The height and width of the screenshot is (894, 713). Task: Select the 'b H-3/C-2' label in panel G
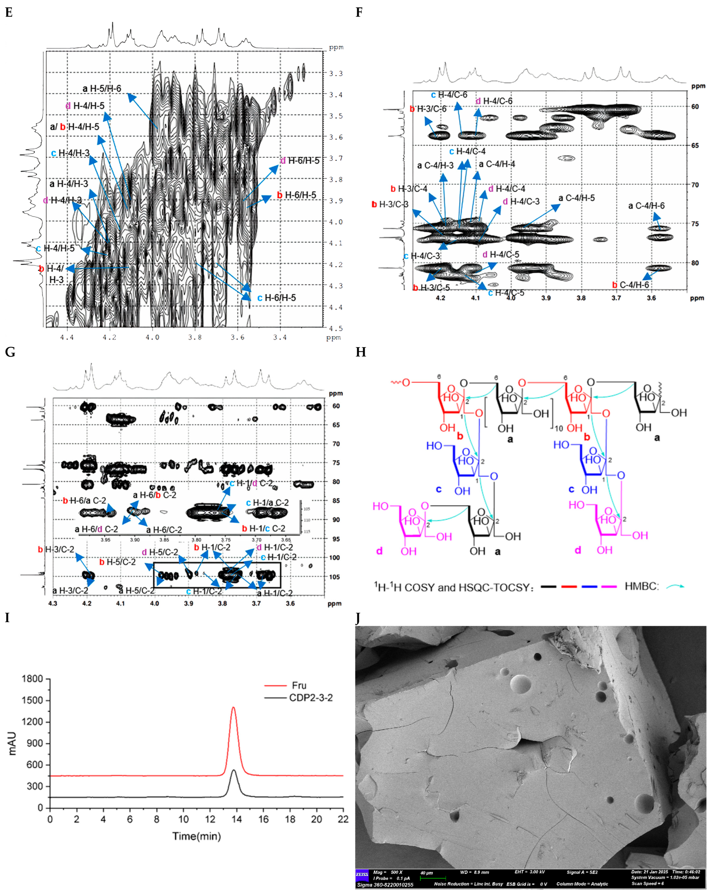click(56, 549)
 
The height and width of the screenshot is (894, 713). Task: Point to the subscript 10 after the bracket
click(558, 428)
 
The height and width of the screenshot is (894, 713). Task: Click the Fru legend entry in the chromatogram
click(299, 685)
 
